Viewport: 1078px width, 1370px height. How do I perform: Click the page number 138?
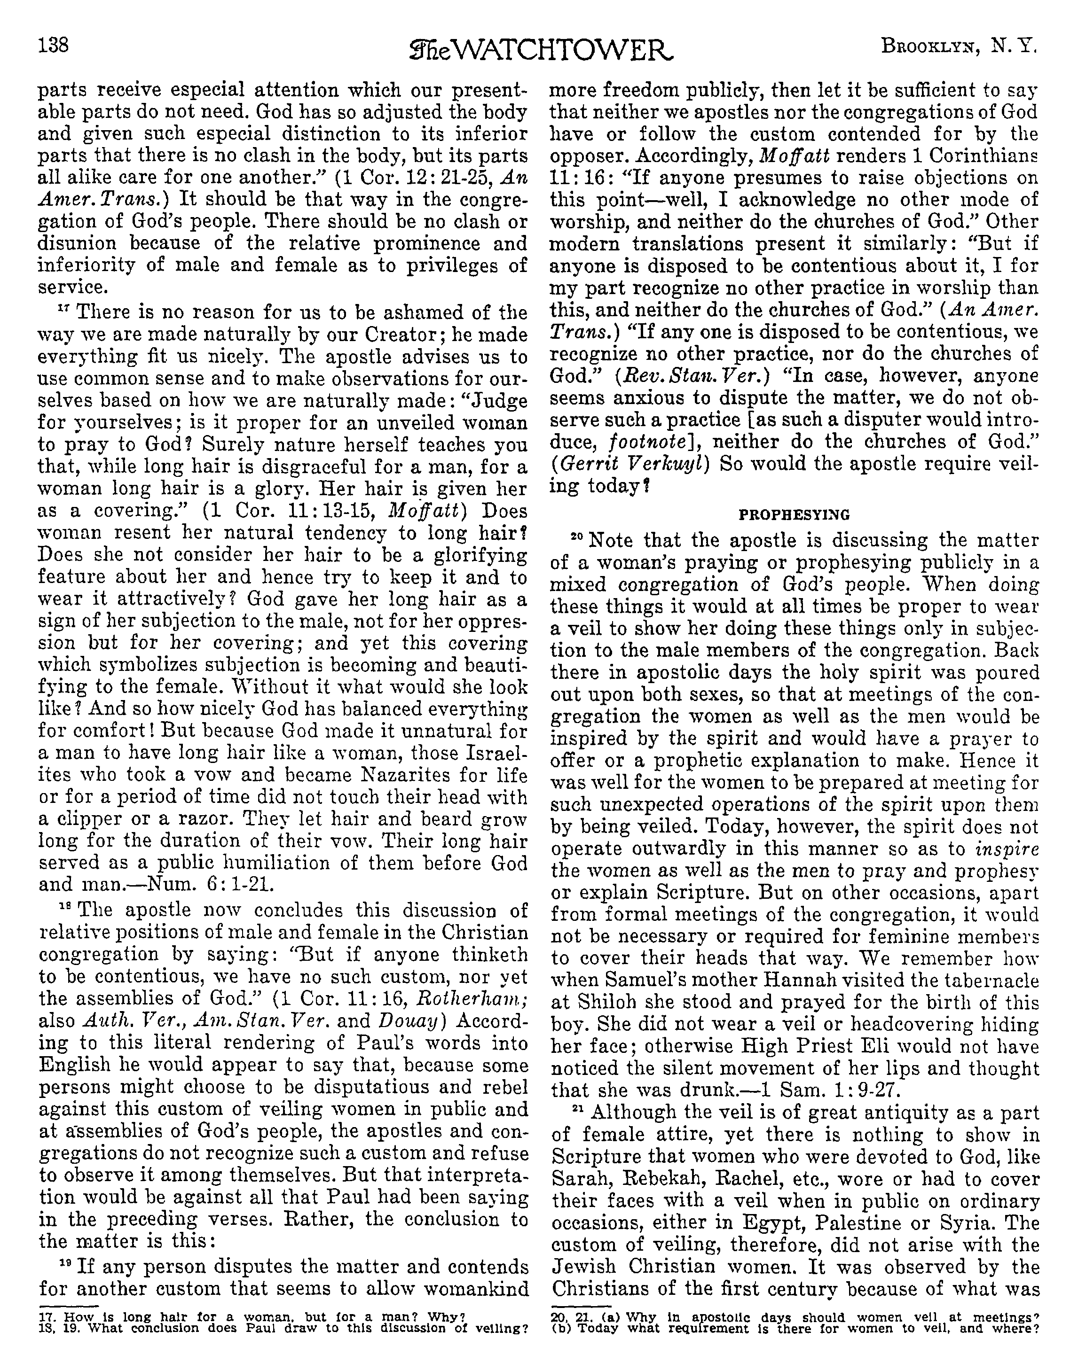tap(53, 46)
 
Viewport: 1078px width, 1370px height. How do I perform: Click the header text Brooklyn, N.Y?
tap(959, 46)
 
